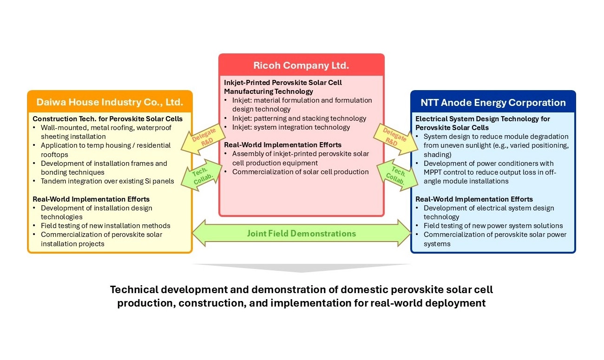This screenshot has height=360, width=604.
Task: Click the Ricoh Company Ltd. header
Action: coord(301,65)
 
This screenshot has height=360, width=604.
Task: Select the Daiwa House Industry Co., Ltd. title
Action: coord(109,102)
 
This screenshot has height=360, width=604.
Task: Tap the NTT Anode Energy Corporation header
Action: coord(493,103)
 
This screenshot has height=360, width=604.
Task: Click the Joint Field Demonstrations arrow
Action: coord(301,233)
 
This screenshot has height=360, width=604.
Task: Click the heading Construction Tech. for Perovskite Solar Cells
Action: coord(107,119)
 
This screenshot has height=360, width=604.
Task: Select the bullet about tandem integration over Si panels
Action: coord(107,181)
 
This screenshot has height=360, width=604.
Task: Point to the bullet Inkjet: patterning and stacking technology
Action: coord(299,118)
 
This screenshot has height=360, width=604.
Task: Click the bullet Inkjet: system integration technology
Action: coord(291,127)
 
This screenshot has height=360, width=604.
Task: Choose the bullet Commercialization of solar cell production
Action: coord(300,172)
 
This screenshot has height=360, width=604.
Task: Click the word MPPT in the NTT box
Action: coord(434,172)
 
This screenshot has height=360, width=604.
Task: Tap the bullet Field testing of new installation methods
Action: coord(105,226)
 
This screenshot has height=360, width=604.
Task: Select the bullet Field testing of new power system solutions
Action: coord(493,226)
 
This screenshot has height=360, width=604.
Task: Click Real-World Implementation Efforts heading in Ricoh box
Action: coord(282,145)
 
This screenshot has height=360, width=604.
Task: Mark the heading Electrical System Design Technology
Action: coord(482,119)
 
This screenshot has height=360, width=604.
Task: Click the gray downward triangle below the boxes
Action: coord(301,269)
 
